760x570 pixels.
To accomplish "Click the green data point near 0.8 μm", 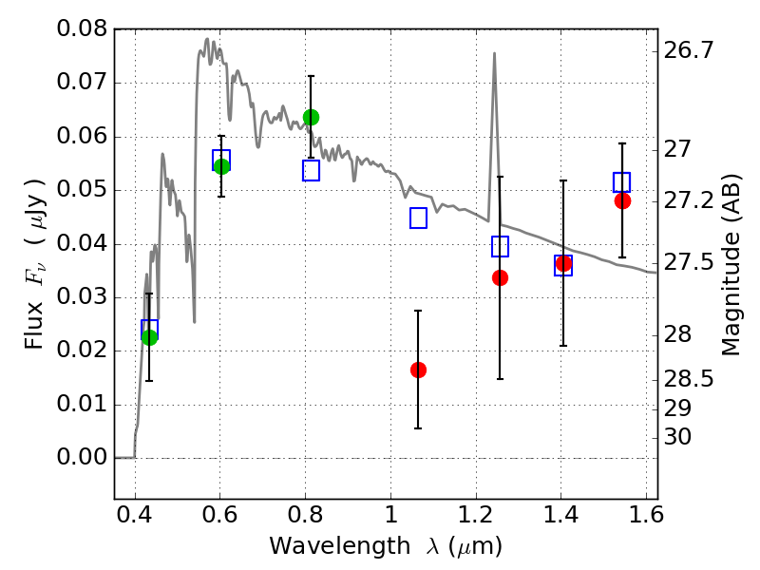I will click(x=311, y=117).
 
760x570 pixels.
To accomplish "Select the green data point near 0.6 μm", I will click(x=221, y=166).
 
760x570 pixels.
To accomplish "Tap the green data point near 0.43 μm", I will click(x=149, y=336).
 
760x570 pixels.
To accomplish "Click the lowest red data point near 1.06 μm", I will click(x=418, y=370).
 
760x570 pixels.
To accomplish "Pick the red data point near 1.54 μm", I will click(x=622, y=200).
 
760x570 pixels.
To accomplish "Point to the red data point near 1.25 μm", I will click(x=500, y=277).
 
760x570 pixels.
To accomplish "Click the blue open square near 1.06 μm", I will click(x=418, y=218).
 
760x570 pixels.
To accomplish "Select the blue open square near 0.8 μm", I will click(x=311, y=171).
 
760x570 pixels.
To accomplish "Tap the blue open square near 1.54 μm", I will click(x=622, y=182).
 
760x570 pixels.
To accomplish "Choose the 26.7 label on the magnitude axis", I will click(x=689, y=50).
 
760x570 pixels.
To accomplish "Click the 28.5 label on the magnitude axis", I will click(x=689, y=379).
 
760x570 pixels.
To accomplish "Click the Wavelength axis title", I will click(x=385, y=546).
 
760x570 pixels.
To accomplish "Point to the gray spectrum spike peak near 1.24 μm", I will click(x=494, y=54).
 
